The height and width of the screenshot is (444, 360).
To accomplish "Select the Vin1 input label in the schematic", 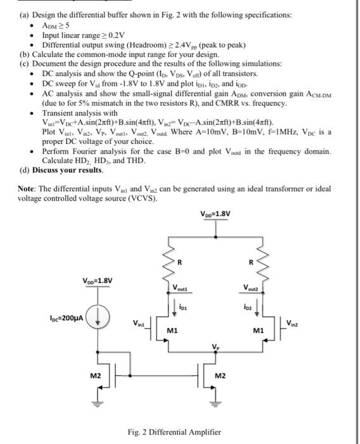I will pos(140,325).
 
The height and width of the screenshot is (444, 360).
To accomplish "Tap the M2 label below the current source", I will pos(96,376).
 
